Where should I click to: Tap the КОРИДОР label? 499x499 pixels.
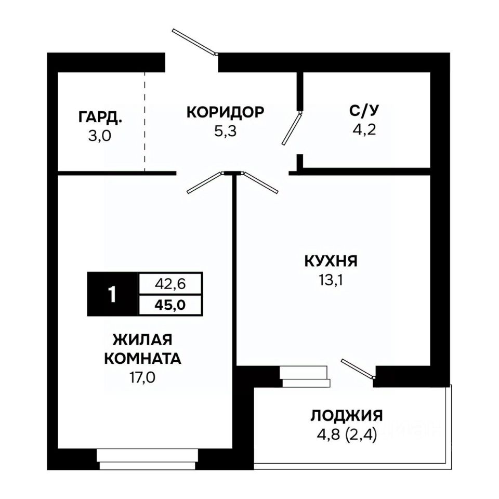coord(225,112)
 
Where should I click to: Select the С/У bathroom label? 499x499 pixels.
coord(364,110)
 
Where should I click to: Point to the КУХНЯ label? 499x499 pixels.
coord(331,261)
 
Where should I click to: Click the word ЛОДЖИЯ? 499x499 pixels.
coord(347,416)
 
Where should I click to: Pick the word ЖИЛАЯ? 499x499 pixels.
coord(142,339)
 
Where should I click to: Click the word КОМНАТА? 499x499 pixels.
coord(142,359)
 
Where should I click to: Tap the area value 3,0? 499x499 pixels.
coord(100,136)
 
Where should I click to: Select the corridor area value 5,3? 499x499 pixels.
coord(225,131)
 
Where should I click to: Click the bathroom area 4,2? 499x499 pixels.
coord(364,129)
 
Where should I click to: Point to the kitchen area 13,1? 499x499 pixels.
coord(331,280)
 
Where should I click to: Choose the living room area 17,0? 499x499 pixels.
coord(142,377)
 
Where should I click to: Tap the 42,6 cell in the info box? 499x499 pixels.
coord(170,284)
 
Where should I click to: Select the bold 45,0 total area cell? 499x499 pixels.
coord(170,305)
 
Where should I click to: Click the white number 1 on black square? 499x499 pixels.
coord(112,294)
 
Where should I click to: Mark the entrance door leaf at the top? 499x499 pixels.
coord(195,42)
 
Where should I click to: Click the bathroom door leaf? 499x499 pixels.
coord(292,128)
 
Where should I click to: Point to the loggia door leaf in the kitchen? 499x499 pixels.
coord(358,369)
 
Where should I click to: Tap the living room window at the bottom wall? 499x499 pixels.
coord(147,459)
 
